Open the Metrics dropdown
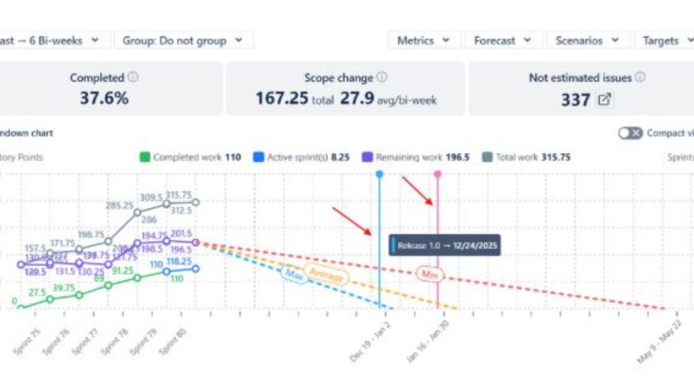click(x=424, y=41)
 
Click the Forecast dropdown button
click(x=503, y=41)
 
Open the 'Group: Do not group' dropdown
click(x=183, y=41)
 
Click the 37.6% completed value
click(x=104, y=98)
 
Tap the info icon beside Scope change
click(x=382, y=78)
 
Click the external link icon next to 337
click(x=605, y=99)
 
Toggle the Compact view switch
click(x=630, y=133)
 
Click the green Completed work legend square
click(x=144, y=158)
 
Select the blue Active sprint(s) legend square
click(x=258, y=158)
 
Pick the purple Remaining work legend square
click(x=367, y=158)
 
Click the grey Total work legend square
click(x=487, y=158)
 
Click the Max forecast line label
click(x=294, y=274)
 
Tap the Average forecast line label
click(x=326, y=275)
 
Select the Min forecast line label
click(x=430, y=274)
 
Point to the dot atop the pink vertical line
click(x=438, y=174)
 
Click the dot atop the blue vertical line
click(x=379, y=174)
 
